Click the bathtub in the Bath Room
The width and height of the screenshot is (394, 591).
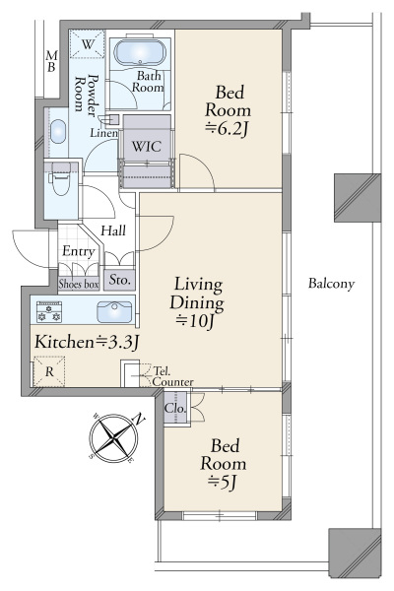coord(139,53)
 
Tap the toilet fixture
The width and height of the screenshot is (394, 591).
coord(60,178)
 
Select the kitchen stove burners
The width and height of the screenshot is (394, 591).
coord(49,311)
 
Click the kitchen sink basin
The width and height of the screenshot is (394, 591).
coord(114,312)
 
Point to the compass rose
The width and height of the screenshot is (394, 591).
coord(114,438)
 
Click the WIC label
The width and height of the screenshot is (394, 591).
coord(147,146)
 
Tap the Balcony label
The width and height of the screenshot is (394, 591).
coord(331,284)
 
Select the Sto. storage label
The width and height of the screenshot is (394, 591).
coord(119,280)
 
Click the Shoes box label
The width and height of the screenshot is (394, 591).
coord(79,284)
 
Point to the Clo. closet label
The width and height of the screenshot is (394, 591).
coord(175,408)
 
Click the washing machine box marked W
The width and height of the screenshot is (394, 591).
coord(87,44)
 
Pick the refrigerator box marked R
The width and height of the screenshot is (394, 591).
coord(49,371)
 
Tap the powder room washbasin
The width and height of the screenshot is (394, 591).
coord(58,132)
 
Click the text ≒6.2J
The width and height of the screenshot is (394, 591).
coord(228,129)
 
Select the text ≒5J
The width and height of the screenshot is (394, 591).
coord(223,482)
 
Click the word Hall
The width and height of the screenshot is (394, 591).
coord(113,230)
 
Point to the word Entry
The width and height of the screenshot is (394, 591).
coord(79,251)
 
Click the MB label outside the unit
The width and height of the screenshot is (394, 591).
coord(51,61)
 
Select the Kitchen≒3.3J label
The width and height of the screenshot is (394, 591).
coord(87,342)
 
